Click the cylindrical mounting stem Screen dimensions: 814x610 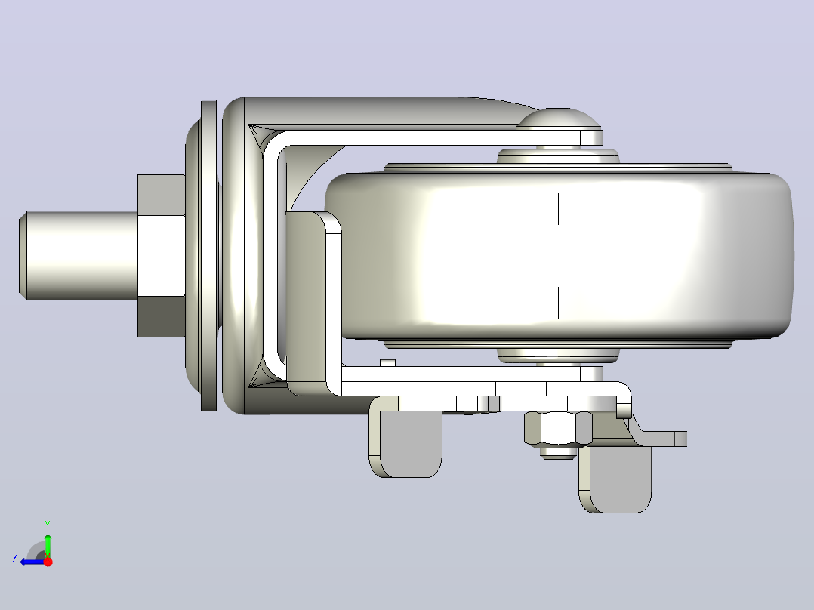(x=79, y=256)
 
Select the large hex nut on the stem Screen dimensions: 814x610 (x=162, y=256)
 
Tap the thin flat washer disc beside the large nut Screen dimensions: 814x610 (x=208, y=256)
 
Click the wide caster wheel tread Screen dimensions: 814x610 (x=558, y=256)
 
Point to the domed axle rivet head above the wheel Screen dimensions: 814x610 (x=559, y=119)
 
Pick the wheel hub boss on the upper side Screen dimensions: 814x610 (x=558, y=156)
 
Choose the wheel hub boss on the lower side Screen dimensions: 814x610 (x=558, y=355)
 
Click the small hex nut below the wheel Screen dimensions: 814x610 (x=558, y=428)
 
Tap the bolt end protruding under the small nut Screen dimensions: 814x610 (x=558, y=452)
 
